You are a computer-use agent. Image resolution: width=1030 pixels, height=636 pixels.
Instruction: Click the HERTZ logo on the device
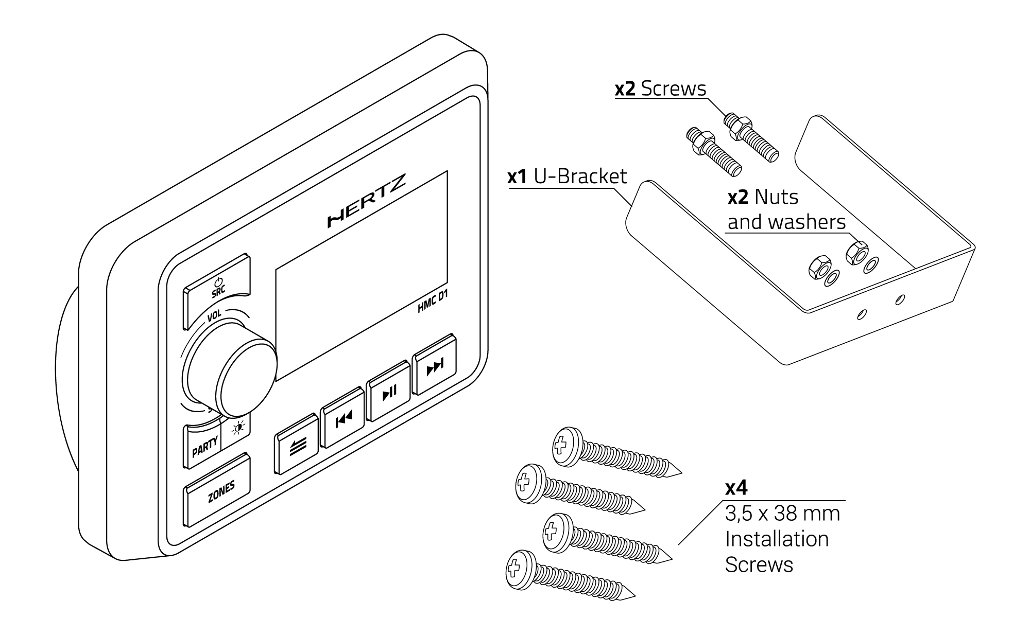click(367, 201)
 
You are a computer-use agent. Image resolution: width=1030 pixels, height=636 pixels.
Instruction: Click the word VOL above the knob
click(214, 315)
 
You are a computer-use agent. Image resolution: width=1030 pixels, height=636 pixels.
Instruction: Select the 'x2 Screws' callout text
click(660, 89)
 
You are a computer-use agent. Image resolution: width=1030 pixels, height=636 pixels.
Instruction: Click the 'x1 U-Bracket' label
click(567, 176)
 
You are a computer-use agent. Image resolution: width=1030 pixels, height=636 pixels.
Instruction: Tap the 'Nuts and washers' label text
click(786, 209)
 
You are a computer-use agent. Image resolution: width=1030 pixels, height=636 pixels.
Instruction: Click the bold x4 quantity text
click(736, 488)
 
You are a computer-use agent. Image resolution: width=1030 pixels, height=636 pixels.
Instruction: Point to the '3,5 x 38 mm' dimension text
click(782, 514)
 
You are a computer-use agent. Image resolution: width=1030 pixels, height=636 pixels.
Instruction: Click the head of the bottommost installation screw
click(520, 569)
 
